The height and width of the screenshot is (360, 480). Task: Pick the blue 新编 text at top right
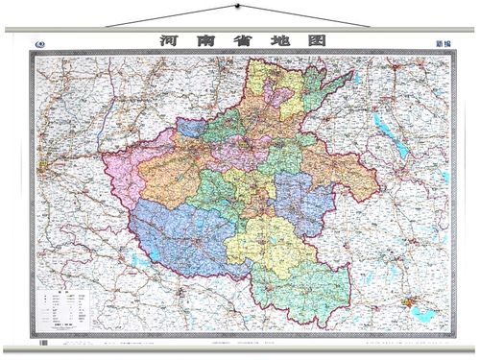pos(443,44)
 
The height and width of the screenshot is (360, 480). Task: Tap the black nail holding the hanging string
pos(232,8)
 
